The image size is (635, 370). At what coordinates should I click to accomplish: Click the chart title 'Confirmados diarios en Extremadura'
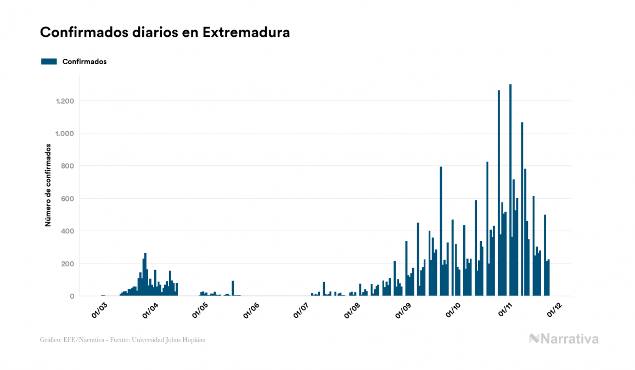click(165, 32)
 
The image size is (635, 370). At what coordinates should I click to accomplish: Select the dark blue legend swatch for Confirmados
click(49, 61)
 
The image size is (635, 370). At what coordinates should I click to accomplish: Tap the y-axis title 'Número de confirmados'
click(48, 186)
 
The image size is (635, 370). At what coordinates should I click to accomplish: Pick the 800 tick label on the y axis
click(68, 166)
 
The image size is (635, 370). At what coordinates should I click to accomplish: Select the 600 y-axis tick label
click(68, 199)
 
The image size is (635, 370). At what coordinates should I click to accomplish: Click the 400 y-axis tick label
click(68, 231)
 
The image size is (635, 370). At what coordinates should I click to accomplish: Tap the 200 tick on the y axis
click(68, 264)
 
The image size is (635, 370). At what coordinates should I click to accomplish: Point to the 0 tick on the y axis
click(72, 296)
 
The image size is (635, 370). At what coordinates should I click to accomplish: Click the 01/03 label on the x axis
click(100, 311)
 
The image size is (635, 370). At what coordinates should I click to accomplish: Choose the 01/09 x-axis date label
click(403, 311)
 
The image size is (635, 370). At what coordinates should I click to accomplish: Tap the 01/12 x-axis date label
click(554, 311)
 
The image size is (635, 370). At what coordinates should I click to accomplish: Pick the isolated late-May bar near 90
click(233, 289)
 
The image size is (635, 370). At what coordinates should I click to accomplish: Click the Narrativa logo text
click(569, 339)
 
